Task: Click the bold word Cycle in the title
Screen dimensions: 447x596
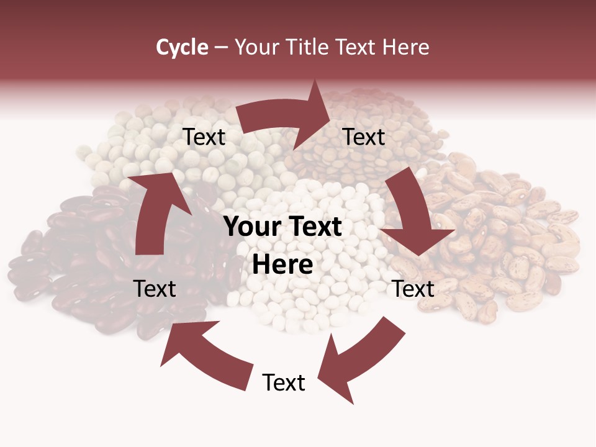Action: coord(182,47)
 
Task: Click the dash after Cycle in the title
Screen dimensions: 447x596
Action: coord(221,47)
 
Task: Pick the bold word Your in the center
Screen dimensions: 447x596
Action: coord(252,227)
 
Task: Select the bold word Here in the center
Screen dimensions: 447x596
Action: coord(282,265)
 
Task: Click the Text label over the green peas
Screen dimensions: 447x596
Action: coord(204,137)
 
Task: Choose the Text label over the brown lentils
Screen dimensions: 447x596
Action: coord(364,137)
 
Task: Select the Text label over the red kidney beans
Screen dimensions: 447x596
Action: coord(155,289)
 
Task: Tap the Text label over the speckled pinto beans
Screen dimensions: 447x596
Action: coord(413,289)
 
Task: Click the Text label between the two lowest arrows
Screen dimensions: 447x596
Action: coord(284,382)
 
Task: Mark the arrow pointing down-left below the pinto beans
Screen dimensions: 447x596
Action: coord(360,357)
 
